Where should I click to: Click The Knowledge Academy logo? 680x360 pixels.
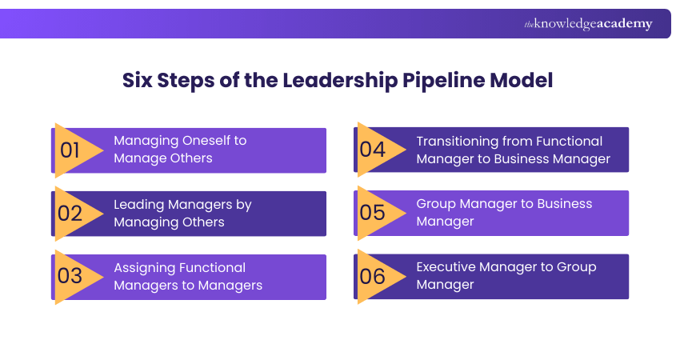588,24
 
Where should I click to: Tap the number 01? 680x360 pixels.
70,150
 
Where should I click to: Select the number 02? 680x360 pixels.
70,213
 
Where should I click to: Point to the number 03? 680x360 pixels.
70,276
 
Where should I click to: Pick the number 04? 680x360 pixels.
372,150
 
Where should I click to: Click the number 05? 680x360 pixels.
372,213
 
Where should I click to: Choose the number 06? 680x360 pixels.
372,276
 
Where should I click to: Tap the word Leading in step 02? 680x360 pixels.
138,204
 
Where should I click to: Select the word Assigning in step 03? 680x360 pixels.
145,267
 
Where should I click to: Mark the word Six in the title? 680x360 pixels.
137,81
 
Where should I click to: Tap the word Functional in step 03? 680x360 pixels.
212,267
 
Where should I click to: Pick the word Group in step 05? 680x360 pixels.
436,204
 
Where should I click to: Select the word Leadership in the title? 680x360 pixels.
349,81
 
